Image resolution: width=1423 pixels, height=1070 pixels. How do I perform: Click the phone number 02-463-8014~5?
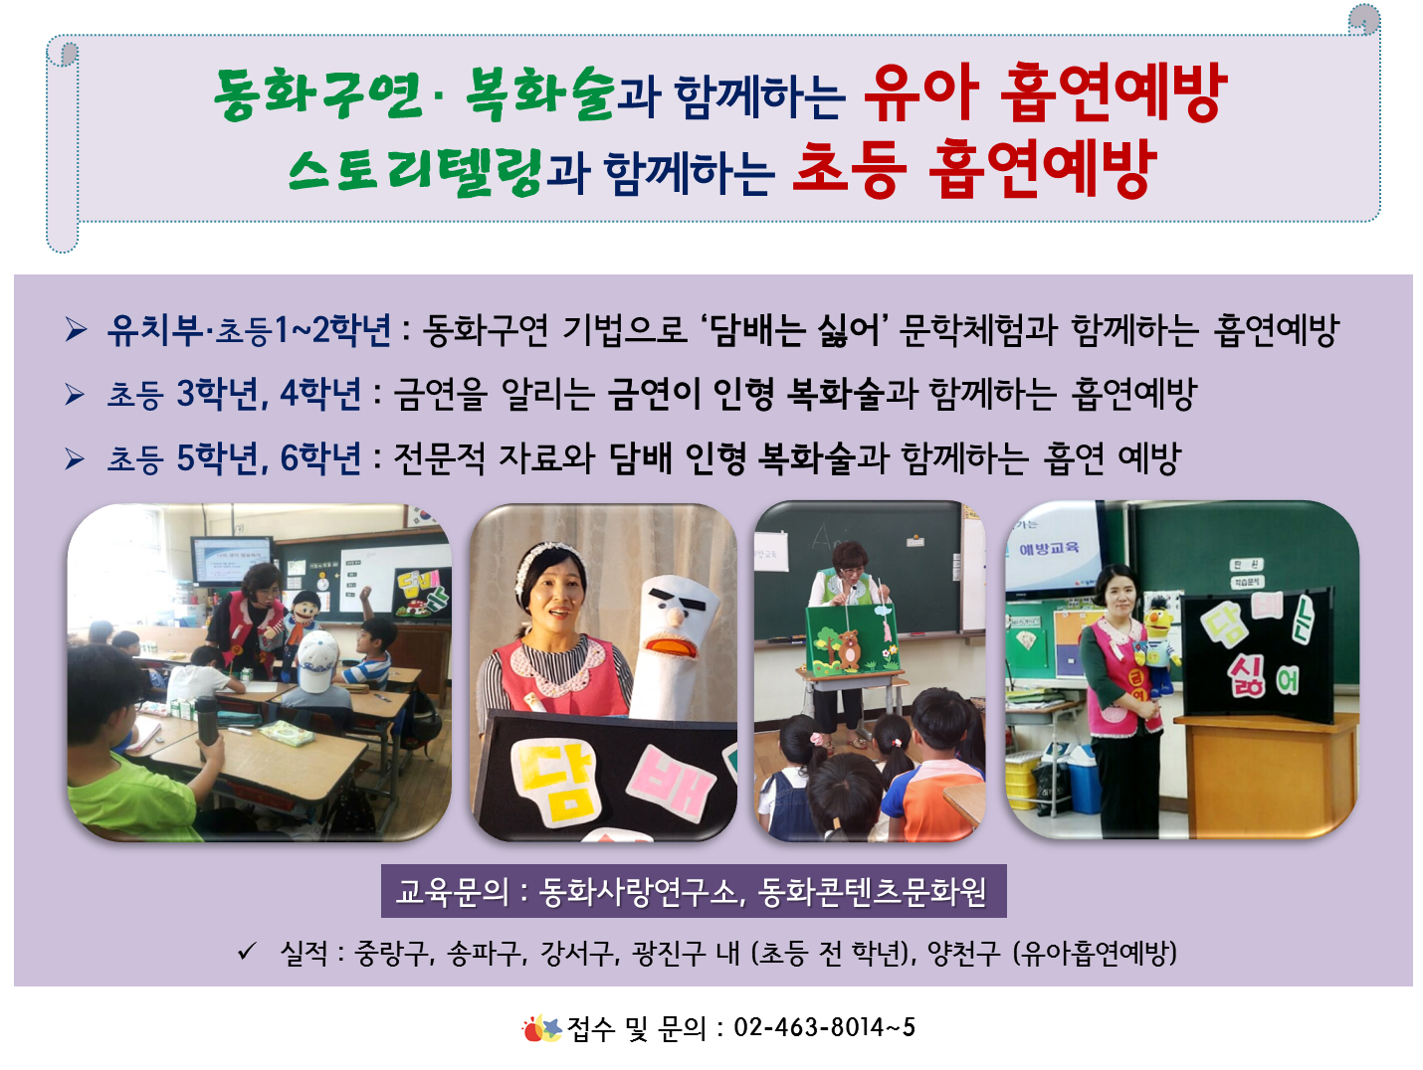click(x=824, y=1027)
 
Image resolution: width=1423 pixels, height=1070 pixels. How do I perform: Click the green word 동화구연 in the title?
click(x=318, y=93)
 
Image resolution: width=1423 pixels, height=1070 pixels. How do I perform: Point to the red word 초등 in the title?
click(x=849, y=168)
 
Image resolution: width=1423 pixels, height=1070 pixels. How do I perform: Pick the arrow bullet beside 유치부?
click(x=76, y=329)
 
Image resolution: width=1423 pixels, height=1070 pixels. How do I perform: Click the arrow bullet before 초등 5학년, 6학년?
click(x=75, y=458)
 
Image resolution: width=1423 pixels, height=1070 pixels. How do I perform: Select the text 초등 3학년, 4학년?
click(x=234, y=394)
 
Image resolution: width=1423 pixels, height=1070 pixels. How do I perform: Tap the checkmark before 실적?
click(x=247, y=951)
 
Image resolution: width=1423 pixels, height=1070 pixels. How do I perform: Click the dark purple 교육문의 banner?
click(x=693, y=891)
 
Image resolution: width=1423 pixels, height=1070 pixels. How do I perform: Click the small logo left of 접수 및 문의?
click(x=541, y=1028)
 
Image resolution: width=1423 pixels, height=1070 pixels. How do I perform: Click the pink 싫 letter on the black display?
click(x=1245, y=677)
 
